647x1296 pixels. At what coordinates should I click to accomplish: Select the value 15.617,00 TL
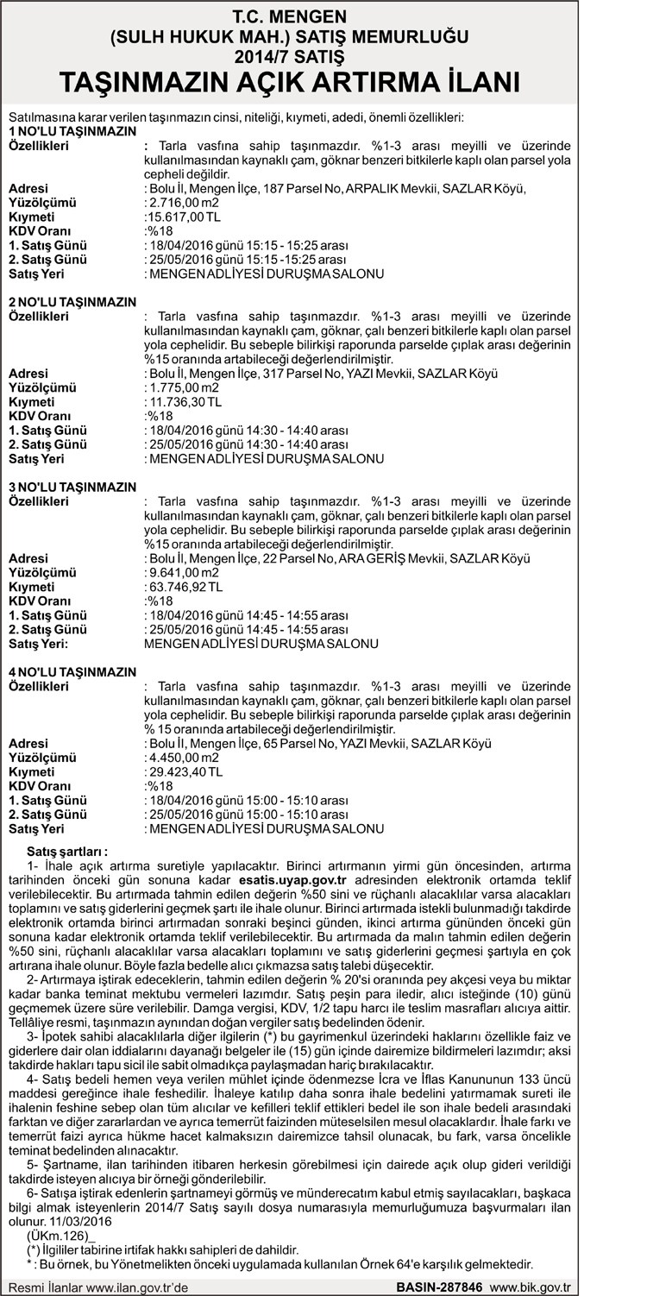click(x=185, y=217)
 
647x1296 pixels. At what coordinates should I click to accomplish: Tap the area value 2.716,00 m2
click(x=182, y=203)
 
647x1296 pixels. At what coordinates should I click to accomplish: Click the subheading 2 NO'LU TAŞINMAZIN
click(x=72, y=302)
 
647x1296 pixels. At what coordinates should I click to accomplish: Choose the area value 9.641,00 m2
click(x=182, y=572)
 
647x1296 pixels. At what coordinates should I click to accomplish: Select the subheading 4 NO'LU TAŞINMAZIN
click(x=72, y=672)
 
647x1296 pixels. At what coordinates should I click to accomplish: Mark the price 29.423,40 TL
click(x=185, y=771)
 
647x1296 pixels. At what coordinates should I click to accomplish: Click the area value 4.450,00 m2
click(x=182, y=757)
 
